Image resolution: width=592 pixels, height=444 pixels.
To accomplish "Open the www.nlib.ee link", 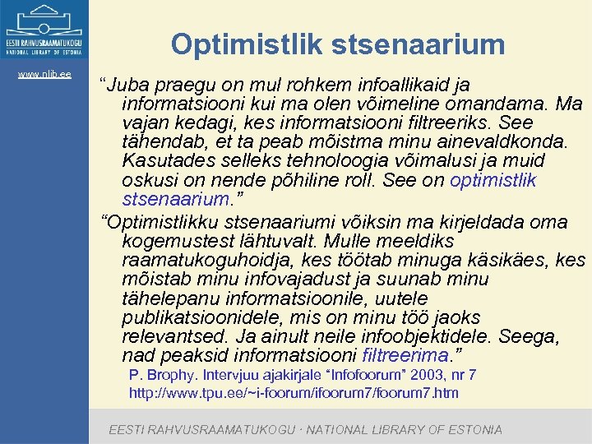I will pos(44,75).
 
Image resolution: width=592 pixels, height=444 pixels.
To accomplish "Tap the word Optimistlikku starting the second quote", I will pos(168,222).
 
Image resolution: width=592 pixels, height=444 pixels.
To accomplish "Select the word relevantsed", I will pos(173,337).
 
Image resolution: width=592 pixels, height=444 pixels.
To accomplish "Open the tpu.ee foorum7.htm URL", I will pos(294,393).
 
